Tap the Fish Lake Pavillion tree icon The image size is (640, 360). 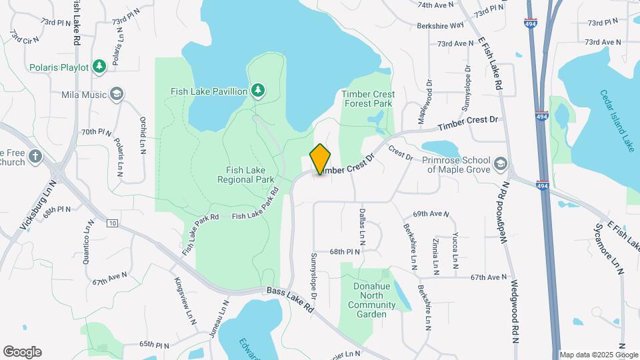point(257,90)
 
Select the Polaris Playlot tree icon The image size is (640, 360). point(99,66)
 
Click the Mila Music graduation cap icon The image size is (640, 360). point(117,94)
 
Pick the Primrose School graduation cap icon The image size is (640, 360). point(501,163)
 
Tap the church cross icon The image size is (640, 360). point(35,157)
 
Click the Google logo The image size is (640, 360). point(22,352)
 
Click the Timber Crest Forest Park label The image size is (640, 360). point(368,99)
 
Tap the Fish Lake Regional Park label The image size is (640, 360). point(246,175)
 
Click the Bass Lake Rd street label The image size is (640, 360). point(289,300)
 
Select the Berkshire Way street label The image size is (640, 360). point(440,25)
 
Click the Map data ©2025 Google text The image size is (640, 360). point(598,355)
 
